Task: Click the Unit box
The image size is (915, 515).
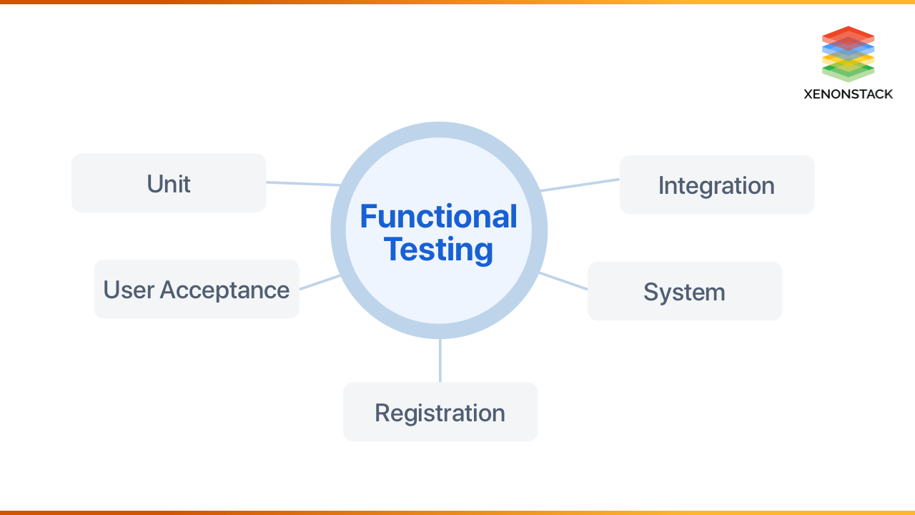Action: [169, 183]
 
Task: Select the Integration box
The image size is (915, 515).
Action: [716, 185]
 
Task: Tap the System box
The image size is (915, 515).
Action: [684, 291]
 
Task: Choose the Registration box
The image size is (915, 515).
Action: [440, 412]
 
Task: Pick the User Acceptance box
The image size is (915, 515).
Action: [196, 289]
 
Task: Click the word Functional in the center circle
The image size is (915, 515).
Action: [438, 216]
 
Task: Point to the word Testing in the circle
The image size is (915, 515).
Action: [438, 250]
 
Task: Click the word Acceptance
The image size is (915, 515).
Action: [224, 290]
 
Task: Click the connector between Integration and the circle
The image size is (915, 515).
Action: [579, 185]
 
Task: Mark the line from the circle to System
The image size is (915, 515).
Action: [563, 281]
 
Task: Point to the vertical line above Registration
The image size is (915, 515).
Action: [440, 361]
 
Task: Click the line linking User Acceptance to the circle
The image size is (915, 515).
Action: [320, 282]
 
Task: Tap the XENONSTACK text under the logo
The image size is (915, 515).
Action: [848, 94]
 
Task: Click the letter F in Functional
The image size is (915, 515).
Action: [367, 216]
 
